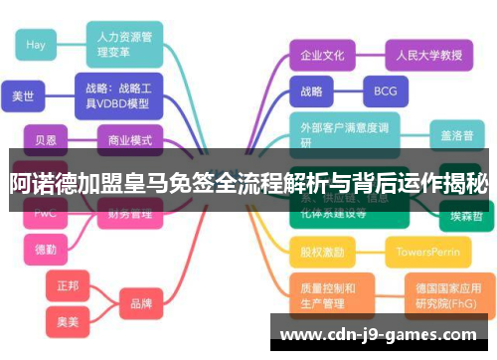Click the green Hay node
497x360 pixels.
pos(36,45)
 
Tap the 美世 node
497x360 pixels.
pos(23,96)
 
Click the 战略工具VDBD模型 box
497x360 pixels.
pos(118,95)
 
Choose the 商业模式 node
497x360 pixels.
pos(130,140)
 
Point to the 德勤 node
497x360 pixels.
pos(46,249)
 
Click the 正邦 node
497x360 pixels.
pos(68,285)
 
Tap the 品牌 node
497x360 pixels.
pos(141,302)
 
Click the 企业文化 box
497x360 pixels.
pos(322,55)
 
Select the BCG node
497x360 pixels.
pos(385,91)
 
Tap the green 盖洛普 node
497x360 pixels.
pos(457,133)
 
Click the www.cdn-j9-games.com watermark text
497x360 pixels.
pos(383,334)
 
